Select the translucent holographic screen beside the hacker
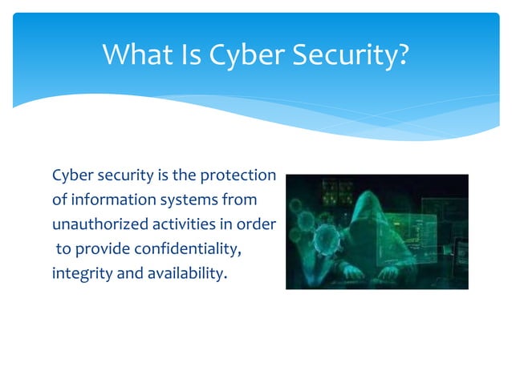pos(437,232)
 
